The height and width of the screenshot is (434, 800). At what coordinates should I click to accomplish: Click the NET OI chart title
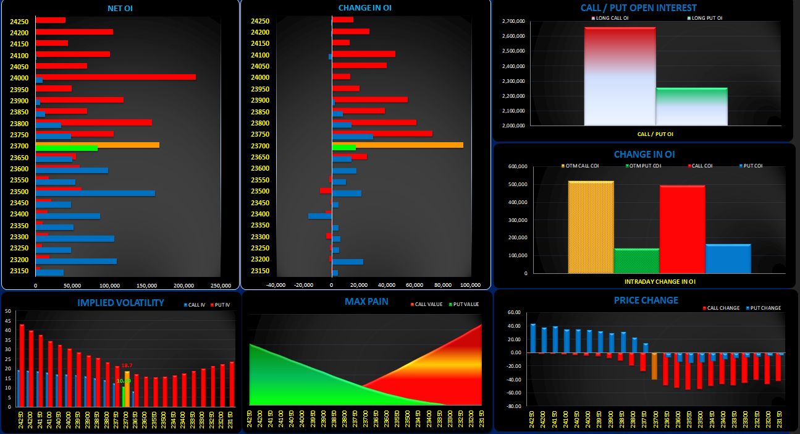tap(120, 8)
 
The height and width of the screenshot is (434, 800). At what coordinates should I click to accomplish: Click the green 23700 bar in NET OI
tap(66, 148)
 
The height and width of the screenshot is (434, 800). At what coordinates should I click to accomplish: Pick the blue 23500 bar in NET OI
tap(95, 193)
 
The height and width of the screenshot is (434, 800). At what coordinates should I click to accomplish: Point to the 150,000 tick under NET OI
tap(146, 286)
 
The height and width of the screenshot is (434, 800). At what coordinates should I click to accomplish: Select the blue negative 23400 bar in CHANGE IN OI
tap(320, 216)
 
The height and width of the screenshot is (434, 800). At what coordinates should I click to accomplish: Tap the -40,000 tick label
tap(276, 285)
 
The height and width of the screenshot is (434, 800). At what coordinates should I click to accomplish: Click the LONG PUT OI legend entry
tap(706, 18)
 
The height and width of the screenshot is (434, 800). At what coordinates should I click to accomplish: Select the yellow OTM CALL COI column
tap(591, 227)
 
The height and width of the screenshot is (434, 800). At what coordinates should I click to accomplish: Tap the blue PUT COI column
tap(728, 258)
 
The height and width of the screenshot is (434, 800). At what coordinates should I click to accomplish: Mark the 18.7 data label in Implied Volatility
tap(127, 365)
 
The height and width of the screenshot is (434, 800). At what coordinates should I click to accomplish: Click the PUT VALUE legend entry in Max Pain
tap(465, 304)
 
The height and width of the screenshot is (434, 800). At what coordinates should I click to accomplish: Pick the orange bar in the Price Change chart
tap(655, 365)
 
